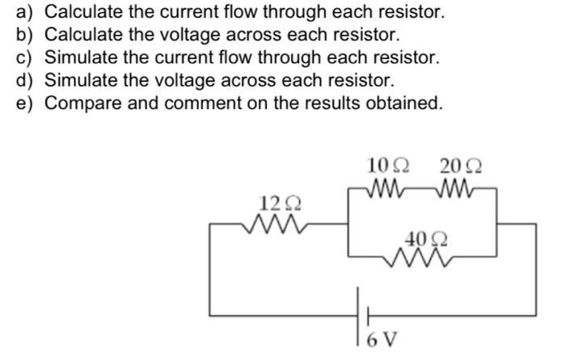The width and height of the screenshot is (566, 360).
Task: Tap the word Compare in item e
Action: click(80, 104)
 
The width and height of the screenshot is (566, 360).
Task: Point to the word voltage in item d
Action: click(175, 81)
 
